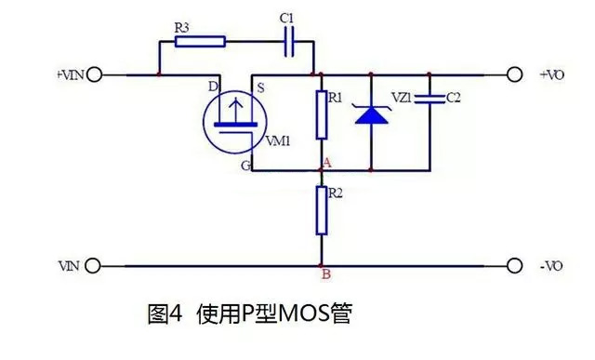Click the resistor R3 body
[x=199, y=40]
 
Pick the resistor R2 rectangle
[x=322, y=209]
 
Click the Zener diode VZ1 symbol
[x=371, y=114]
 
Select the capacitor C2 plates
[x=430, y=98]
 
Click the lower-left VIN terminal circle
[x=93, y=264]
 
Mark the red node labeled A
[x=322, y=170]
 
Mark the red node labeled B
[x=322, y=265]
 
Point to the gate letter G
[x=245, y=166]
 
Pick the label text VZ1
[x=403, y=96]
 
